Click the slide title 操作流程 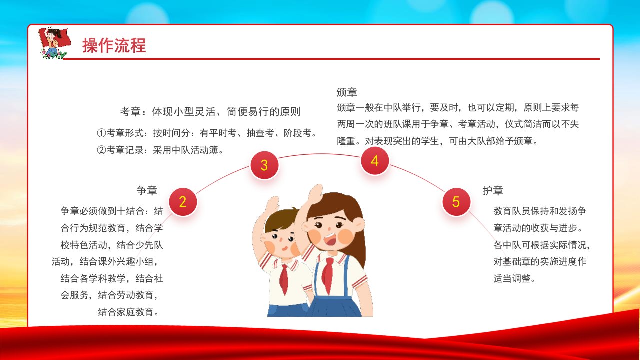click(114, 45)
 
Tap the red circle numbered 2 click(183, 201)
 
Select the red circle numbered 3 click(264, 165)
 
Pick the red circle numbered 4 click(375, 161)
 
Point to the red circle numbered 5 click(456, 201)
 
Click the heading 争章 click(147, 190)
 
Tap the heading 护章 click(493, 190)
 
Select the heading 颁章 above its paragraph click(347, 92)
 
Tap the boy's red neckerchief click(284, 278)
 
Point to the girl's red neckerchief click(327, 275)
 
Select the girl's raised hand click(315, 194)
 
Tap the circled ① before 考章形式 click(101, 133)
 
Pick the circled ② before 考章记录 click(101, 150)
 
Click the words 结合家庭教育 click(126, 312)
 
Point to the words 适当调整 click(512, 278)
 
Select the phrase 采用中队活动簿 click(185, 150)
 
